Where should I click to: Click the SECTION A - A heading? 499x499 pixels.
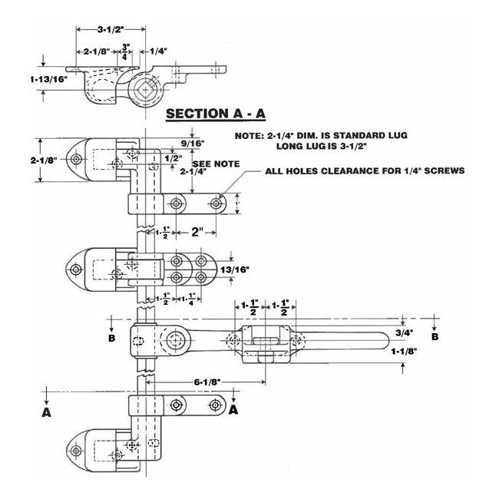tap(216, 113)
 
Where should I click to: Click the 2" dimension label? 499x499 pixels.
tap(198, 230)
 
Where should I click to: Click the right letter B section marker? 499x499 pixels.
tap(435, 336)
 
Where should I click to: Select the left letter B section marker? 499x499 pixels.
tap(113, 336)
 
